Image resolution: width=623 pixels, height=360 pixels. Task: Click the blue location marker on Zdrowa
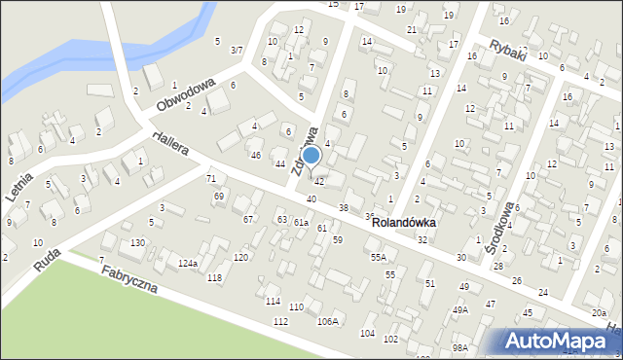311,156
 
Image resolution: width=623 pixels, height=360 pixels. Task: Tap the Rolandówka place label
403,223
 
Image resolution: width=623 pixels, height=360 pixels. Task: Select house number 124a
188,264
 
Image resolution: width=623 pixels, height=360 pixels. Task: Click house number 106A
328,321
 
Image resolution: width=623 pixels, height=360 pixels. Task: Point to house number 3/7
237,49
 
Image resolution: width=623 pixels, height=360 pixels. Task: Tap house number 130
138,242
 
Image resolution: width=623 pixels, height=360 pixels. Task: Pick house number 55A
379,258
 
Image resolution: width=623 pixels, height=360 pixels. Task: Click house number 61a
302,223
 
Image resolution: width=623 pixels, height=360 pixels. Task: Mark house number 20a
598,312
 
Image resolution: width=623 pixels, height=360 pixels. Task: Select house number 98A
459,347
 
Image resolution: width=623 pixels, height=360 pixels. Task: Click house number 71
210,179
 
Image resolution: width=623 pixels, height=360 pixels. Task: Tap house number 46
255,156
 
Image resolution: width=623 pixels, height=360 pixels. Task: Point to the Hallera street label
170,143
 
